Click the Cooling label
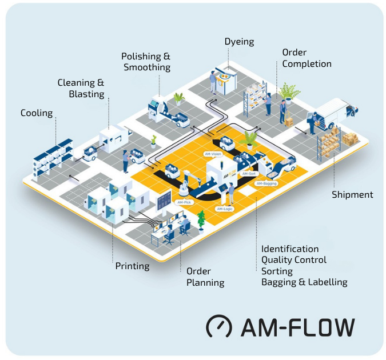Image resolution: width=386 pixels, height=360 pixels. (x=37, y=113)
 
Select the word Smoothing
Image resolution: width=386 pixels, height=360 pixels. (x=147, y=67)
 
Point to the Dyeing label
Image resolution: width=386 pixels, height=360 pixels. (x=239, y=42)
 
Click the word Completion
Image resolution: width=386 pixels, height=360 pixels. (x=307, y=64)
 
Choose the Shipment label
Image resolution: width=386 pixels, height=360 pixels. (x=352, y=195)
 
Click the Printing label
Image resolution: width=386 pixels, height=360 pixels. (x=132, y=266)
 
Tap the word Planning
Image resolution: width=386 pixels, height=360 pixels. (x=205, y=282)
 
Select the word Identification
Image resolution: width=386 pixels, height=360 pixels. (x=290, y=249)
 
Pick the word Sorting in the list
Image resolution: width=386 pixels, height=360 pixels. (x=277, y=271)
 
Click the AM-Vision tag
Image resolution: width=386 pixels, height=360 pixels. (x=212, y=154)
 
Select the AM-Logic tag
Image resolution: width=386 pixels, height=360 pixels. (x=224, y=209)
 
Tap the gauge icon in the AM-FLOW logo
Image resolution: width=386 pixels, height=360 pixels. (x=218, y=326)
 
